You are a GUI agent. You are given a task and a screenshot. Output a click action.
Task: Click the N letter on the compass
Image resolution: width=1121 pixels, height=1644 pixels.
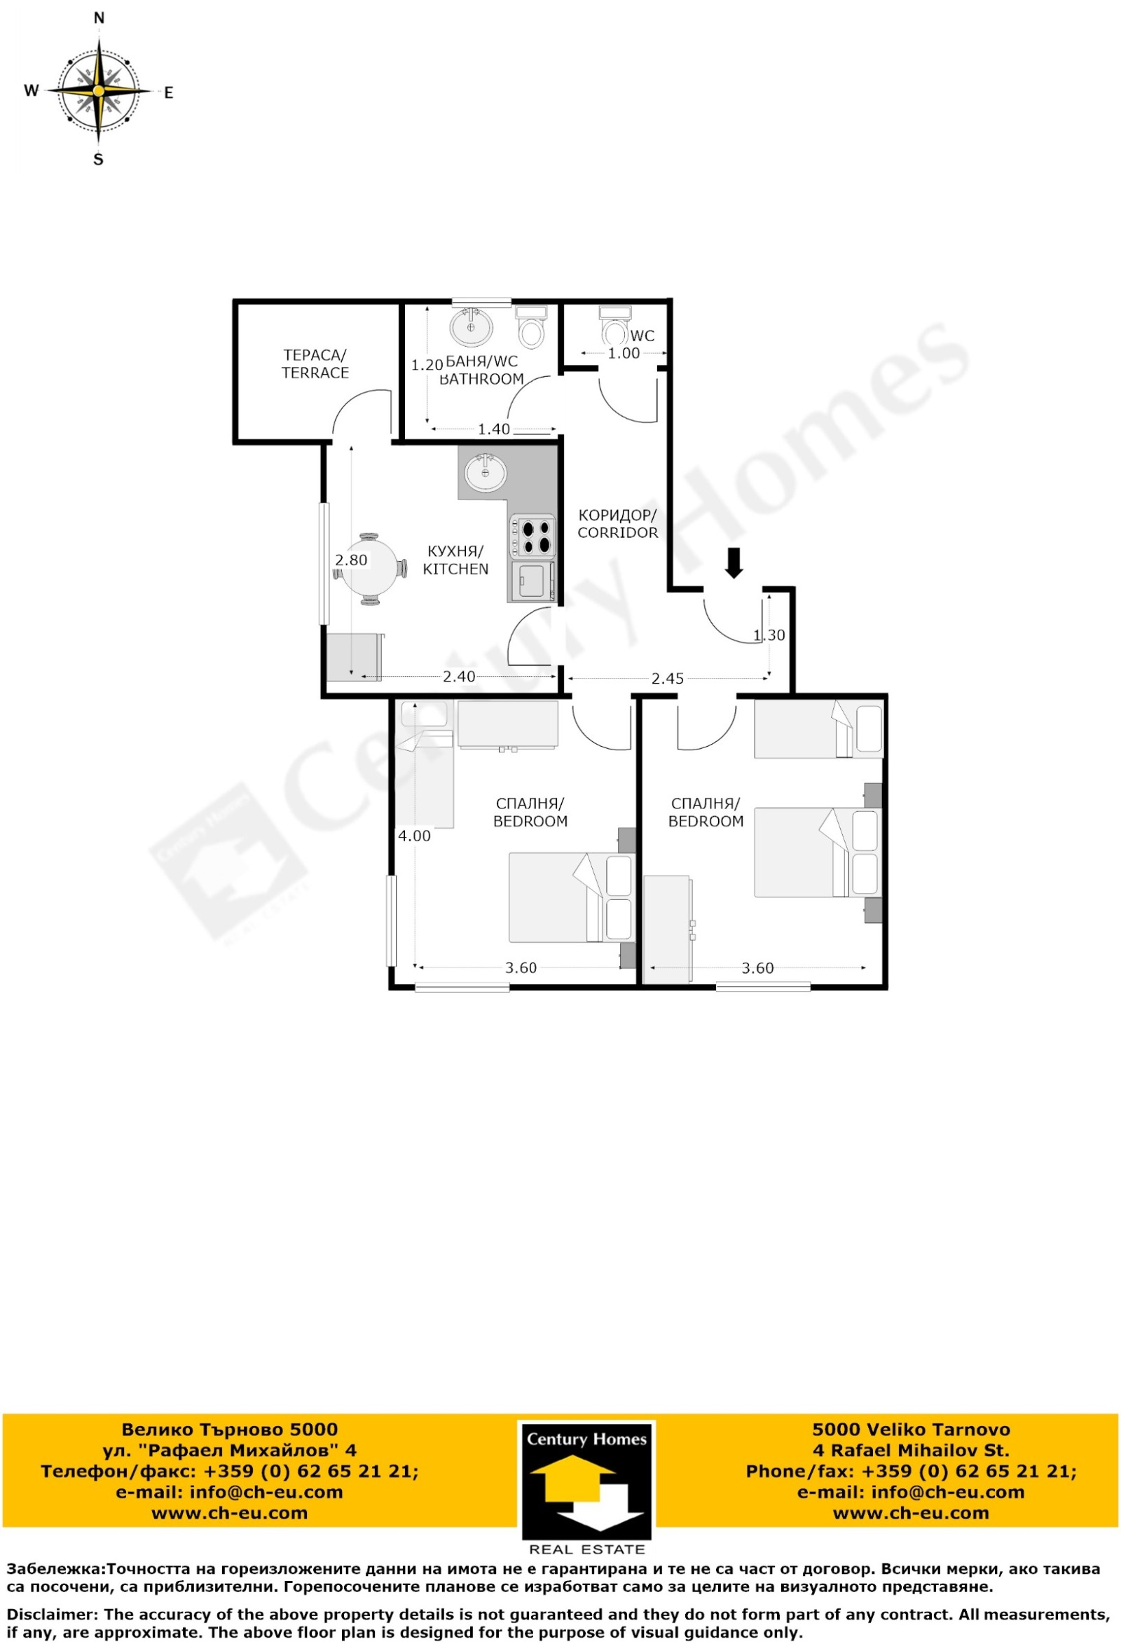point(99,18)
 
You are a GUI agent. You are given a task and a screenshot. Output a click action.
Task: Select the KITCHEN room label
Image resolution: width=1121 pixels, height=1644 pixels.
point(456,560)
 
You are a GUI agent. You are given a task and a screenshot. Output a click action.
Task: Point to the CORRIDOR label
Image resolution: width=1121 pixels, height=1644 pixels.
point(618,523)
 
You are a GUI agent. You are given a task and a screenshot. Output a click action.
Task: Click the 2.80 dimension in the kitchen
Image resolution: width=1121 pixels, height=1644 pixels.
point(351,560)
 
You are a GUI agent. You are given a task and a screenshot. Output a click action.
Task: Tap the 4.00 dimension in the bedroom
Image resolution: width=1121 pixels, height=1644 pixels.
point(414,836)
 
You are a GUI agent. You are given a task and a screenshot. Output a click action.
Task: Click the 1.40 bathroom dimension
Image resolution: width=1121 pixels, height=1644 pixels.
point(493,429)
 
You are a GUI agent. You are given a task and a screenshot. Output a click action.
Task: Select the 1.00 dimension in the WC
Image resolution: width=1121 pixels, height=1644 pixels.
point(624,353)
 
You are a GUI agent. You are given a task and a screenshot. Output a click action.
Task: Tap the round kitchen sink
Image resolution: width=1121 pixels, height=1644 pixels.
point(486,472)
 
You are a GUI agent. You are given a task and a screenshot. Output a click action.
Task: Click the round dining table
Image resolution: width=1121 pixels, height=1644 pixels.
point(369,569)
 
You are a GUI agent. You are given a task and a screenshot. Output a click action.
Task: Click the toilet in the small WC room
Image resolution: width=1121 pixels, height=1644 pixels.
point(614,324)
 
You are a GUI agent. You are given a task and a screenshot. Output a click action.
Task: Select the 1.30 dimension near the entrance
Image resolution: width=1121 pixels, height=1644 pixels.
point(769,635)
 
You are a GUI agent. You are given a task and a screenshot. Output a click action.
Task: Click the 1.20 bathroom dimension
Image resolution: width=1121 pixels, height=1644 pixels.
point(427,365)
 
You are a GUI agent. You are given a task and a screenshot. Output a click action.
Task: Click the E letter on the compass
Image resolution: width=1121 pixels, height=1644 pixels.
point(168,92)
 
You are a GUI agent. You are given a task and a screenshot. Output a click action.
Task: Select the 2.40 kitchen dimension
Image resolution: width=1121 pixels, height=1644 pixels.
point(460,676)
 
